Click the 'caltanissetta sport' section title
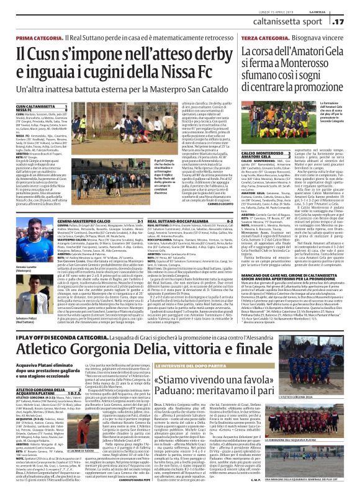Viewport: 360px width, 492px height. click(x=302, y=22)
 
